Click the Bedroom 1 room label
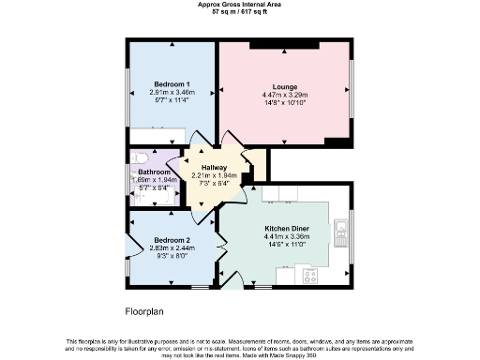pos(172,82)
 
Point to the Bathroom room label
pos(154,172)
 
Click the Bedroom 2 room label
pos(172,240)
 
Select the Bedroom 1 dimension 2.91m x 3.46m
pos(172,92)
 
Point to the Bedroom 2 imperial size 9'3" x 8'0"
pos(172,256)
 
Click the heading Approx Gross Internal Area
pos(239,4)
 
